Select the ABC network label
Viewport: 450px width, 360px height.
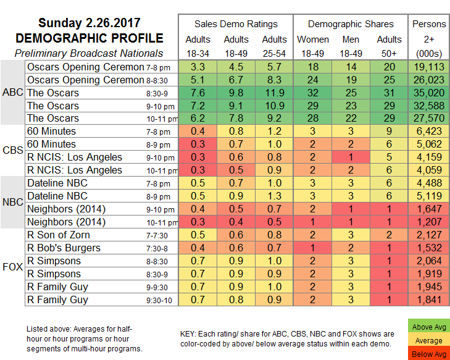click(x=12, y=93)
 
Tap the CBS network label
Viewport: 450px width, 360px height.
click(x=12, y=151)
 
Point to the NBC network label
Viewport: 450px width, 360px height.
click(x=12, y=202)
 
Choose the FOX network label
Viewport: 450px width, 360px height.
click(x=12, y=267)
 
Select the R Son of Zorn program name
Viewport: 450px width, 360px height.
click(x=59, y=235)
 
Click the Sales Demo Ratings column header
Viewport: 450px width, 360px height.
click(x=236, y=24)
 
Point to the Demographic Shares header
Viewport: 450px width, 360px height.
click(x=351, y=24)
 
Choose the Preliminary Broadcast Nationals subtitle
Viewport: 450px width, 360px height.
click(x=88, y=53)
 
